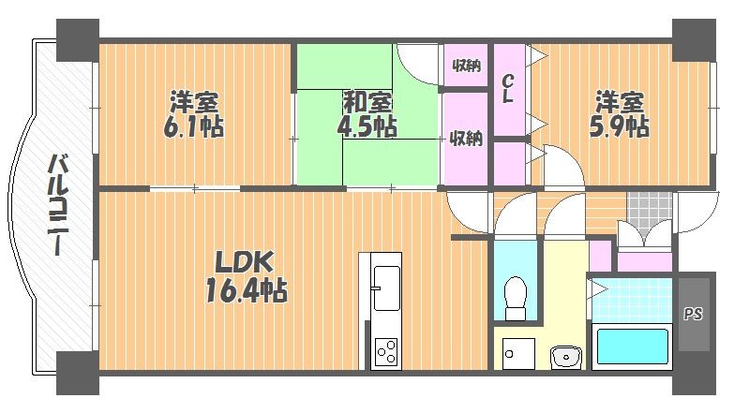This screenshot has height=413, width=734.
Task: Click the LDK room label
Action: tap(244, 262)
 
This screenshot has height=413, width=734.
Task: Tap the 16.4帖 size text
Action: tap(247, 290)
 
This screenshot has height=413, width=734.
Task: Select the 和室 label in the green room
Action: tap(367, 102)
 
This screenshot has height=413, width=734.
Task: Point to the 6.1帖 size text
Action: tap(194, 126)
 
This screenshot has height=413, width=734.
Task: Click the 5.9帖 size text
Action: tap(619, 126)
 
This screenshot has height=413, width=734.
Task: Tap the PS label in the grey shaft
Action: tap(694, 314)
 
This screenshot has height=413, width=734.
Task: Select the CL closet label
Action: tap(508, 89)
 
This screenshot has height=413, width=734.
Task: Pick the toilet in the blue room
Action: tap(516, 298)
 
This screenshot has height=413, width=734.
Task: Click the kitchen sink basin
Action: tap(386, 288)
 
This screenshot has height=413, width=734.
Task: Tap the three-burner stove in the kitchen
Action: tap(386, 352)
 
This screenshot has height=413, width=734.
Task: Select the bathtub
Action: tap(633, 347)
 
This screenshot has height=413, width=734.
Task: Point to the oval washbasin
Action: tap(566, 358)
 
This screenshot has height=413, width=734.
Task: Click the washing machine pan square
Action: tap(518, 354)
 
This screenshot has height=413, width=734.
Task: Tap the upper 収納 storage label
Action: tap(466, 66)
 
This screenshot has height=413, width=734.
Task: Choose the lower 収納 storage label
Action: tap(466, 139)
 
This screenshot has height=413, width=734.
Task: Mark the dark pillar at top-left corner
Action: tap(78, 40)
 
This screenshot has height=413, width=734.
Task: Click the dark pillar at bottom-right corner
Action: tap(695, 374)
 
